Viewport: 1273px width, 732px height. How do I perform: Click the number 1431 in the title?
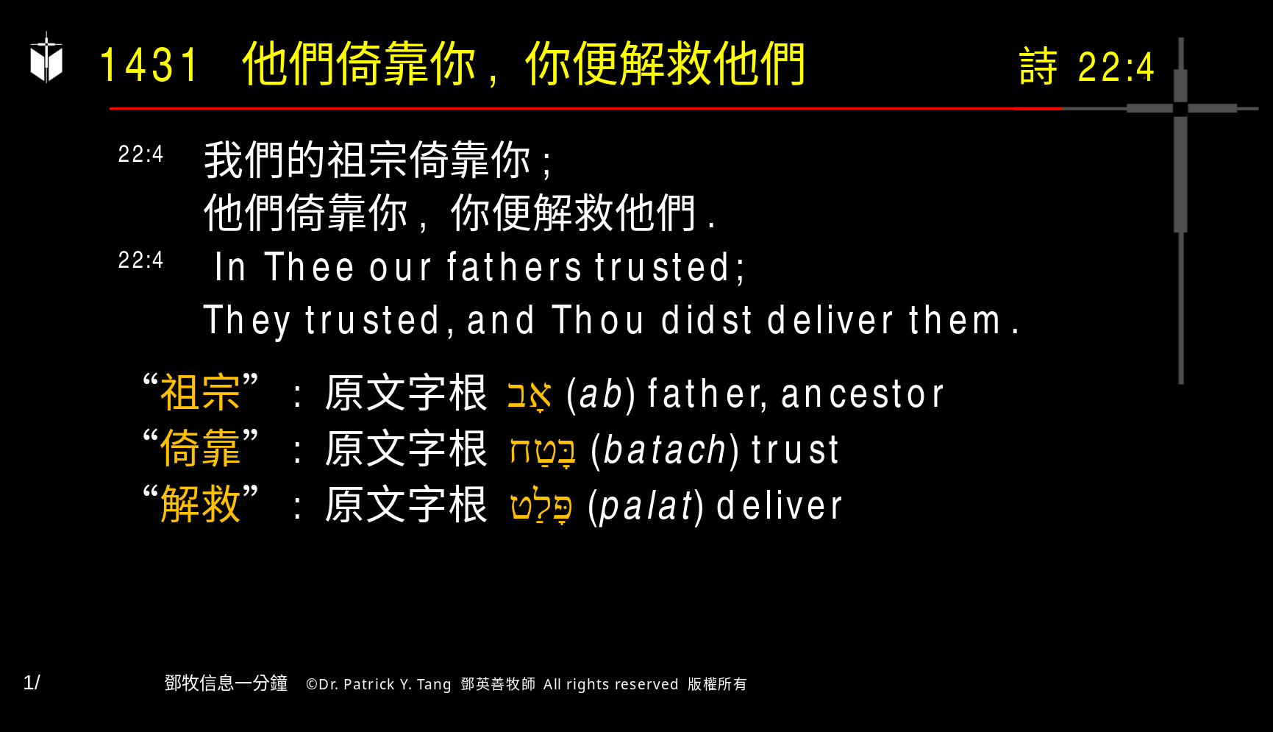[149, 65]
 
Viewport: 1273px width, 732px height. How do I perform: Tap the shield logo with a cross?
[46, 59]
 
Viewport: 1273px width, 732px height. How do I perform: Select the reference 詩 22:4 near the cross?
[1086, 67]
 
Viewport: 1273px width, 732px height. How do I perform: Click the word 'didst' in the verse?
[706, 321]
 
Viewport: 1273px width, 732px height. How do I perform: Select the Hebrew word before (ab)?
[529, 395]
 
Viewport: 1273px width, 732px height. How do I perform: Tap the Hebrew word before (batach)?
[543, 450]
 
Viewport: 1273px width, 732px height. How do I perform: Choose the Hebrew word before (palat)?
[542, 505]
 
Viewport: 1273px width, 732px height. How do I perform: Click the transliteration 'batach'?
[665, 450]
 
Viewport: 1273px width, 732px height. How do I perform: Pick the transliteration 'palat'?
[646, 506]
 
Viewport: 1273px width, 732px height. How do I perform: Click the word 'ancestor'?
[862, 394]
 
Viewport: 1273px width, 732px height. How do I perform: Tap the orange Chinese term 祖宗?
[200, 392]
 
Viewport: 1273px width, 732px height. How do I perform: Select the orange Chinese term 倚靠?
[200, 448]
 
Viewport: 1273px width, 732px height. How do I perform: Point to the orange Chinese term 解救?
[200, 504]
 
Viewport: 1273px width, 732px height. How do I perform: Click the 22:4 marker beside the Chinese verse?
[140, 154]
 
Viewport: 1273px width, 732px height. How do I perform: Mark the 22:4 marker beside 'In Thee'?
[140, 260]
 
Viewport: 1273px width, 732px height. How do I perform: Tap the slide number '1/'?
[32, 683]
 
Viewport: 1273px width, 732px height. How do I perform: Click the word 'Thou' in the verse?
[598, 321]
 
